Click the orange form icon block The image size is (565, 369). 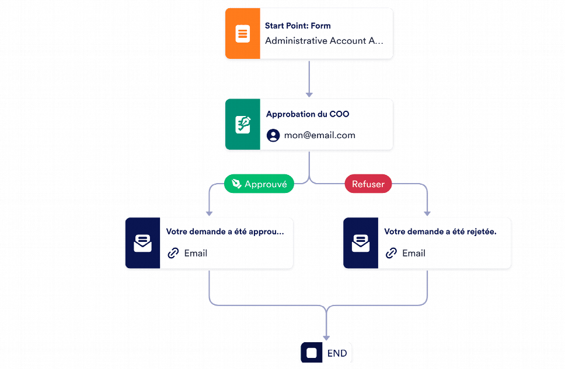coord(242,33)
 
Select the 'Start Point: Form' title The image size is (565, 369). coord(298,26)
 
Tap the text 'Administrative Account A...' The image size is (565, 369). coord(324,41)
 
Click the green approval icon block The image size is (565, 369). coord(242,124)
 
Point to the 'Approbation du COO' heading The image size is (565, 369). coord(308,114)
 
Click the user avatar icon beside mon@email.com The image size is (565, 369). coord(273,135)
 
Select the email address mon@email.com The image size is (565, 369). coord(320,135)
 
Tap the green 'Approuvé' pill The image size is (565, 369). coord(259,184)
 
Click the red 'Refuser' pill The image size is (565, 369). coord(368,184)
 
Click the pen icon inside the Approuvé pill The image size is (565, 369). coord(236,184)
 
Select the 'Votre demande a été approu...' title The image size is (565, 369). coord(225,232)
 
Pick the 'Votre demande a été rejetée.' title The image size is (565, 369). coord(440,232)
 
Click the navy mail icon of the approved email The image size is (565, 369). coord(142,243)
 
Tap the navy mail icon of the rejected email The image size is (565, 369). coord(361,243)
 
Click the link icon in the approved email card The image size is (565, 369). coord(173,253)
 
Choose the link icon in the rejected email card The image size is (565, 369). coord(391,253)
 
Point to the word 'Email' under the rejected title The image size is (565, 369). coord(414,254)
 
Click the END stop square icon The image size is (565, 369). coord(312,353)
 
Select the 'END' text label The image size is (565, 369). coord(337,353)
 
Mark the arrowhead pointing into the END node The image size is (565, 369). coord(326,338)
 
